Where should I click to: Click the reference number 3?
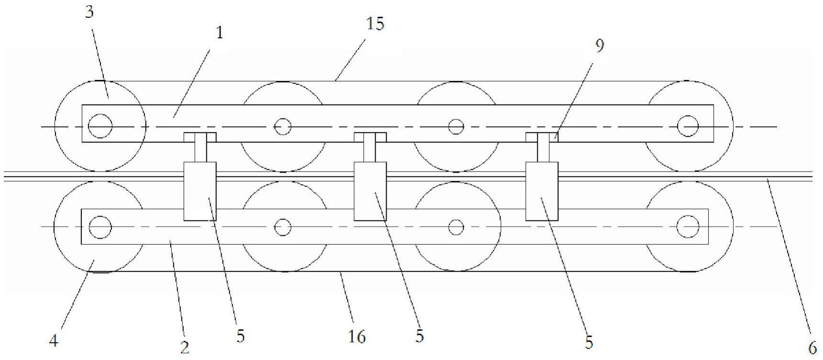[x=89, y=12]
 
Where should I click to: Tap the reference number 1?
[x=219, y=33]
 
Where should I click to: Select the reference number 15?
[x=376, y=23]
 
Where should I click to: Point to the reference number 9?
[x=599, y=45]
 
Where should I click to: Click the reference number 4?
[x=54, y=341]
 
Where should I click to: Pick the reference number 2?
[x=185, y=348]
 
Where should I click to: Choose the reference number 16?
[x=357, y=337]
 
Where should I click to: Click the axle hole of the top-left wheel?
[x=100, y=127]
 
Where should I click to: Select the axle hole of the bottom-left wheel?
[x=100, y=226]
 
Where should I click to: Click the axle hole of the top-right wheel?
[x=688, y=126]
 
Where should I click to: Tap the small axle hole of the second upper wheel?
[x=282, y=127]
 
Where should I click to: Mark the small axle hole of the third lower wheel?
[x=456, y=227]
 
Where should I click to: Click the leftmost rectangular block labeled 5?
[x=200, y=191]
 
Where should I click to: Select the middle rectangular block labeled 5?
[x=370, y=191]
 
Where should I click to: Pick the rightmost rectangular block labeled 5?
[x=541, y=191]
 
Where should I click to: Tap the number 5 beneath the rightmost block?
[x=589, y=342]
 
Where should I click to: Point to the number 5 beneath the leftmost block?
[x=240, y=336]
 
